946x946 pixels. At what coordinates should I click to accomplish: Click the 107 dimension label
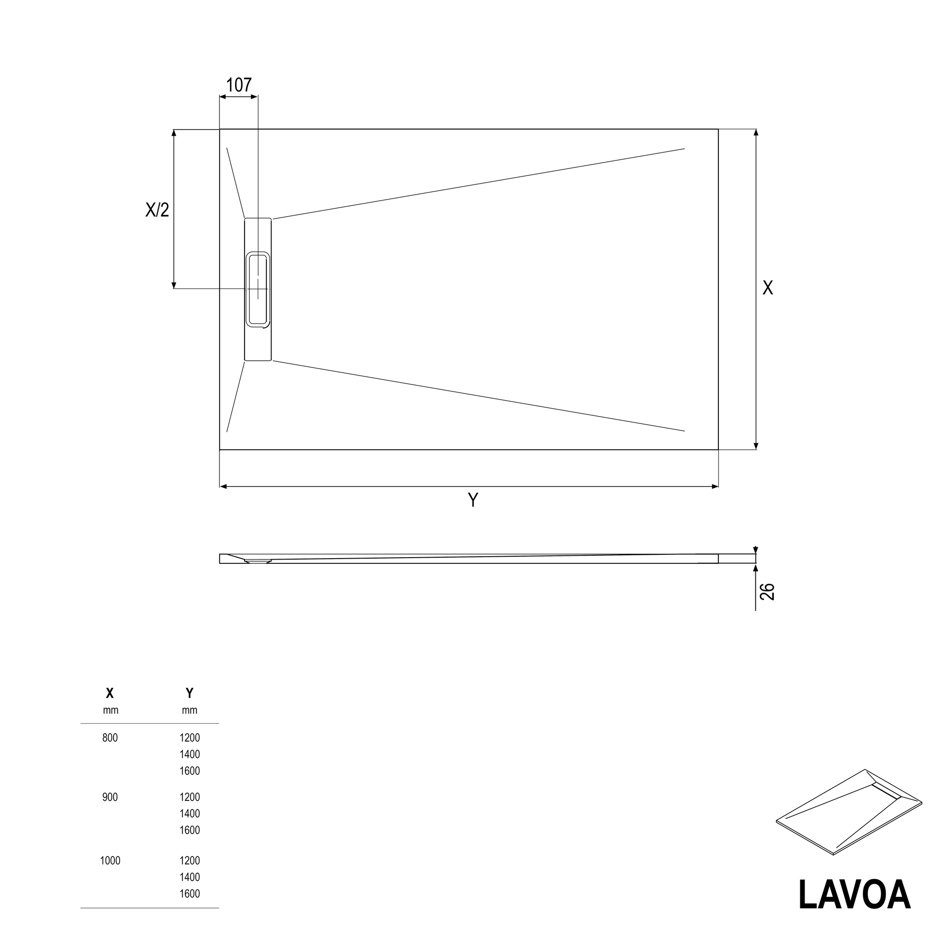tap(239, 85)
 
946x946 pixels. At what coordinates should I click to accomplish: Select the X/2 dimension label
tap(157, 210)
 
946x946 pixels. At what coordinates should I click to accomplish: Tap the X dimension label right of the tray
tap(768, 288)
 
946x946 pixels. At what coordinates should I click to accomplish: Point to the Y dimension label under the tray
tap(473, 500)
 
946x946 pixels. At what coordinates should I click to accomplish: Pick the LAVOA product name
tap(854, 895)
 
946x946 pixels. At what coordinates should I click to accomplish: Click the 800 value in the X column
tap(110, 738)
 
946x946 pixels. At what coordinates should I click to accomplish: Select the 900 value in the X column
tap(110, 797)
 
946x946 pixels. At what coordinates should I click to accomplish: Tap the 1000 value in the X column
tap(110, 860)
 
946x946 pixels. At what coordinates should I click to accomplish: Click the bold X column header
tap(110, 693)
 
